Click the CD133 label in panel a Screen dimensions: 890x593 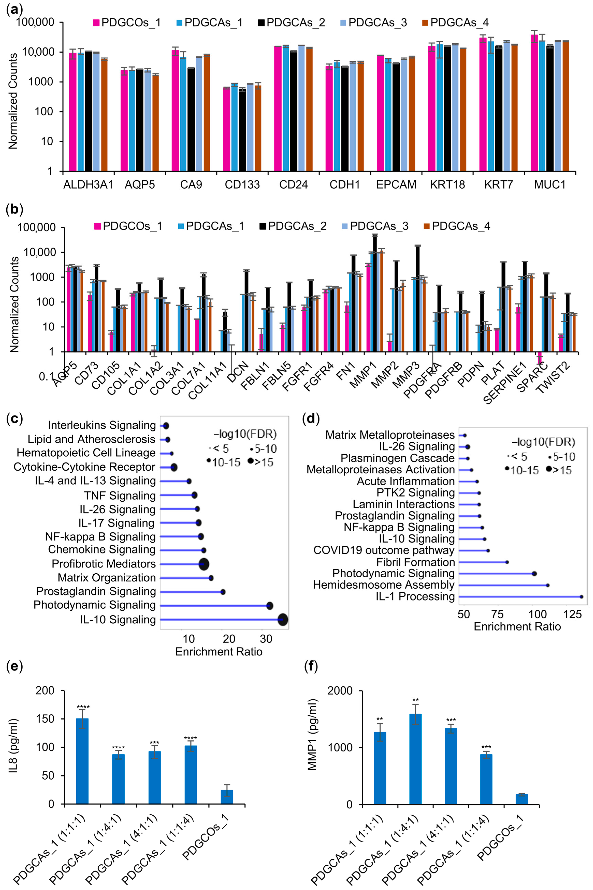click(242, 185)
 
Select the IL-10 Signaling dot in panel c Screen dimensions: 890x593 click(282, 620)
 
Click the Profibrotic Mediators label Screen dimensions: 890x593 click(104, 564)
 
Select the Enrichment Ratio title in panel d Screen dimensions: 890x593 click(517, 627)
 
